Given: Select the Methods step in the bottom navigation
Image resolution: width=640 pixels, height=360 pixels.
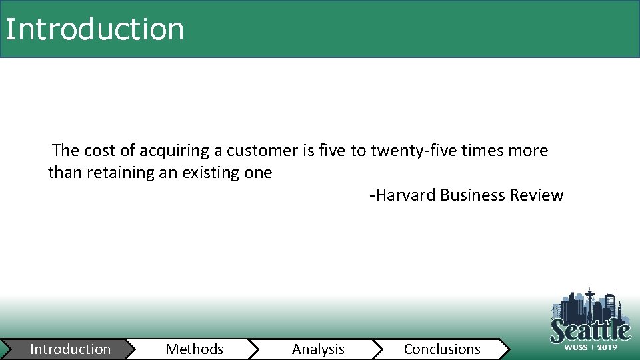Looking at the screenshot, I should coord(194,349).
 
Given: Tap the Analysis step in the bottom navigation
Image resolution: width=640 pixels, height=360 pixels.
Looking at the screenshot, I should coord(318,349).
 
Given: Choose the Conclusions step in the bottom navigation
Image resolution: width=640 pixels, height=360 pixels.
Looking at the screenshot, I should coord(442,349).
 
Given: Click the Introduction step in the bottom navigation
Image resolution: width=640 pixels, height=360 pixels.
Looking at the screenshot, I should coord(70,349).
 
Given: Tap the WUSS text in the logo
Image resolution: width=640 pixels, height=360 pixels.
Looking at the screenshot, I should coord(576,347).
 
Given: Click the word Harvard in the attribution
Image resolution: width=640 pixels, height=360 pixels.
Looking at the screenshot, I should coord(407,195).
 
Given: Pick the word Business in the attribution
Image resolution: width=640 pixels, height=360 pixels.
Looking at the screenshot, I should coord(473,195).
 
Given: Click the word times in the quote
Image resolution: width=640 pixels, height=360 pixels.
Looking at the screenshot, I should coord(476,151).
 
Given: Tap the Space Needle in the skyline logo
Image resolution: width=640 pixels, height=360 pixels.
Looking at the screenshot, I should coord(590,303).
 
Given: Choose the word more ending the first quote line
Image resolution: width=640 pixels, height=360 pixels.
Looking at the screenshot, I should coord(527,151).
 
